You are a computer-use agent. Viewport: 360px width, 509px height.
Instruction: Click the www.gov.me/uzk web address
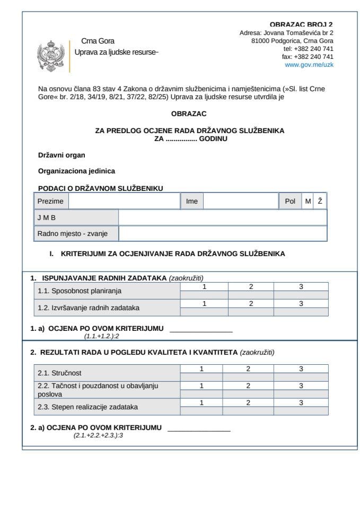(x=309, y=65)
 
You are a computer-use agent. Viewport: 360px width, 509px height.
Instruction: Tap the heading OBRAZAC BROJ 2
(x=301, y=24)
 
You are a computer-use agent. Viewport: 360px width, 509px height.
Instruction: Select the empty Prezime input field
(x=124, y=201)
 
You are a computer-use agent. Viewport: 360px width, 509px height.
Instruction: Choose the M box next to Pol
(x=308, y=201)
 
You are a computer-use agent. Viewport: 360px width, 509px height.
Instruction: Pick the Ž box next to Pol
(x=320, y=201)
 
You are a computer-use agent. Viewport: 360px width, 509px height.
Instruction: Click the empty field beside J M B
(x=222, y=218)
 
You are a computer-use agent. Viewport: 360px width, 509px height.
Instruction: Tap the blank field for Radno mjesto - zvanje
(x=222, y=234)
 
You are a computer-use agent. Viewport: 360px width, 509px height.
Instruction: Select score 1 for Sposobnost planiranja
(x=204, y=287)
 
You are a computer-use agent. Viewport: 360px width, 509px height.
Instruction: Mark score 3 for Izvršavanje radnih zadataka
(x=301, y=304)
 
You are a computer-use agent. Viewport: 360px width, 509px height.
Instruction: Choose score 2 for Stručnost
(x=248, y=369)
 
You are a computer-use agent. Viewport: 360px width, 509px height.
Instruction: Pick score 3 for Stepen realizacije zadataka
(x=301, y=403)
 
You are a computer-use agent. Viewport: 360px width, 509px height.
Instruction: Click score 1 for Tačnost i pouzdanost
(x=201, y=386)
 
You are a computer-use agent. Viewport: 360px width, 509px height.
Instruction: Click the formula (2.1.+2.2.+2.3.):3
(x=98, y=435)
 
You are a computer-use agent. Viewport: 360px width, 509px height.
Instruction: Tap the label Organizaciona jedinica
(x=76, y=171)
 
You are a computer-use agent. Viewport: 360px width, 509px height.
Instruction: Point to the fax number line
(x=308, y=57)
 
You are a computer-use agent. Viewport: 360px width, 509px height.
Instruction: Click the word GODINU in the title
(x=213, y=138)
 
